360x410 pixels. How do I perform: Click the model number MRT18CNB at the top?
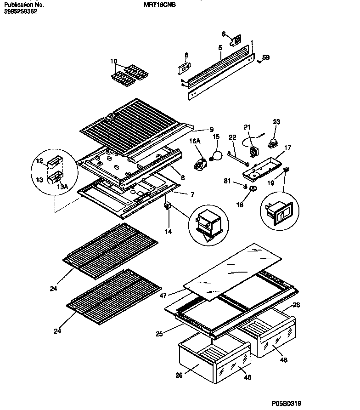pyautogui.click(x=163, y=5)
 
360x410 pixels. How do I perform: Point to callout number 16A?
pyautogui.click(x=196, y=142)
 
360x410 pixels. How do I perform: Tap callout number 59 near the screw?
pyautogui.click(x=266, y=57)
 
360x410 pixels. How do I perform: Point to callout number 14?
pyautogui.click(x=168, y=231)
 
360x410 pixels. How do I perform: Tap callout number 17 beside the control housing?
pyautogui.click(x=287, y=148)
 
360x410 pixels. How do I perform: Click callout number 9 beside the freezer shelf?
pyautogui.click(x=212, y=129)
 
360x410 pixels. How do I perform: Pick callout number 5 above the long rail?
pyautogui.click(x=220, y=47)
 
